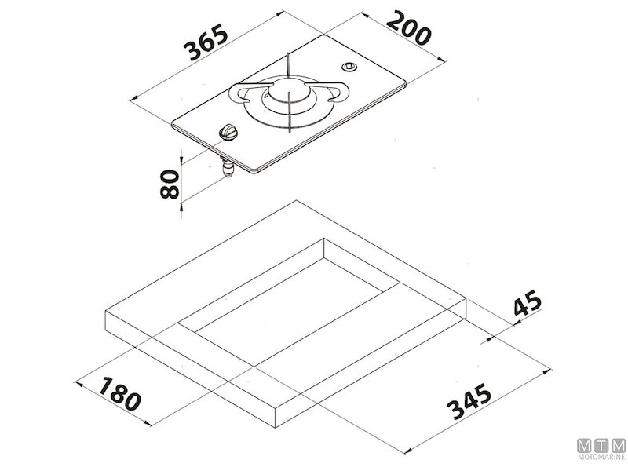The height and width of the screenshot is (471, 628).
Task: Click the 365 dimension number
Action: (206, 42)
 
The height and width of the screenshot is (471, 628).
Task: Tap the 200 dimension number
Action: (409, 27)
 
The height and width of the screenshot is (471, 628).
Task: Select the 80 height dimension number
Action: (169, 184)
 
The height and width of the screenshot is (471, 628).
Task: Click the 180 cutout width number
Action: (120, 394)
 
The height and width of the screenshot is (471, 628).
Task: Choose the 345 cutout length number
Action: (469, 401)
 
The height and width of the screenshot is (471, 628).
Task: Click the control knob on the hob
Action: (228, 132)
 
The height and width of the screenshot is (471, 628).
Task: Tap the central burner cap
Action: (289, 91)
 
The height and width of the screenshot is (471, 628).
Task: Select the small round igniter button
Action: (349, 66)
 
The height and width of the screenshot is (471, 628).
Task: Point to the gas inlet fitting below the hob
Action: (228, 167)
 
